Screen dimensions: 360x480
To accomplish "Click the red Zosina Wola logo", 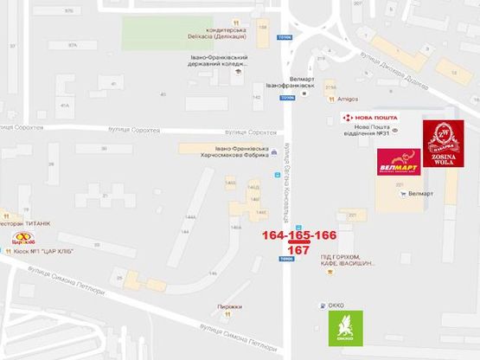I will coord(443,144).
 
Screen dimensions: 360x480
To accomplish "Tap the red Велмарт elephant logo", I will coord(397,162).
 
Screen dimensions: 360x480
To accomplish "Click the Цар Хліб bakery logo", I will coord(22,239).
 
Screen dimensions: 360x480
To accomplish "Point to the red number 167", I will coord(298,249).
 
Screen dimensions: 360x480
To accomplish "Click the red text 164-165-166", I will coord(299,235).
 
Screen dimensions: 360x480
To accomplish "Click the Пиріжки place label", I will coord(230,306).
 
